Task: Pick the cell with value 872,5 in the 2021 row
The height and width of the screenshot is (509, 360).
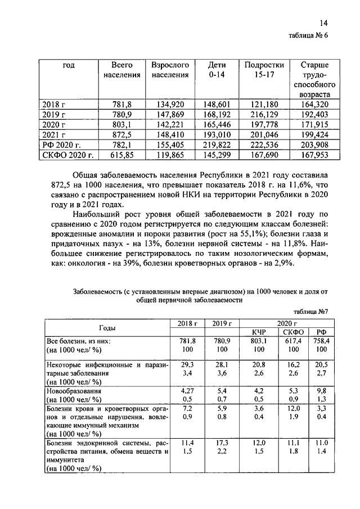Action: (x=121, y=134)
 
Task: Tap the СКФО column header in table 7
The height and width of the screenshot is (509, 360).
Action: (x=291, y=332)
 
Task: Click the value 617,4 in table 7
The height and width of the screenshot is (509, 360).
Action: (x=291, y=341)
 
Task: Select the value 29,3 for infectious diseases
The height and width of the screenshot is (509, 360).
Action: (x=187, y=364)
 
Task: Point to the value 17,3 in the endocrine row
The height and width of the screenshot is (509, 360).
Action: (x=222, y=444)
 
